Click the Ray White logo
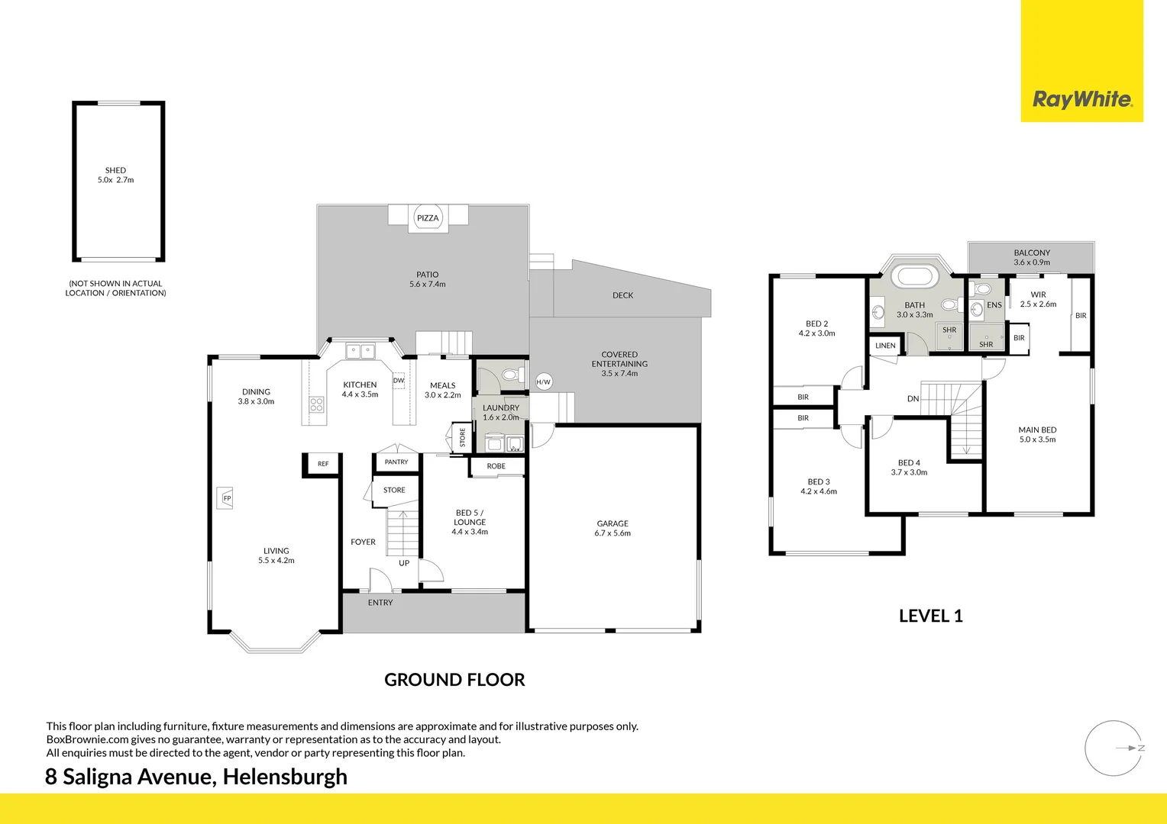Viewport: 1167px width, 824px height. pos(1081,99)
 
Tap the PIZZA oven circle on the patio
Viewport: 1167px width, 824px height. pos(428,218)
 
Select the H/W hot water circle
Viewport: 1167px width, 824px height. pos(543,381)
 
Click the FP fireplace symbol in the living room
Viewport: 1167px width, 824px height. pos(227,498)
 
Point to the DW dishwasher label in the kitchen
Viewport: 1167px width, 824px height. pos(399,380)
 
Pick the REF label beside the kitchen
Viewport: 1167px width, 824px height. pos(323,464)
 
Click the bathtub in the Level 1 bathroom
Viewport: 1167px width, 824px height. pos(915,276)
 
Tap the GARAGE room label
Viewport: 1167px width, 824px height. pos(613,524)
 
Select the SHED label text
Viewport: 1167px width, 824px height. pos(115,171)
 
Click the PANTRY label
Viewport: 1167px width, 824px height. pos(396,462)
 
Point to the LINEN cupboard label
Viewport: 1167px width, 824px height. pos(885,346)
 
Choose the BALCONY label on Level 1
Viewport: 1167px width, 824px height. pos(1032,253)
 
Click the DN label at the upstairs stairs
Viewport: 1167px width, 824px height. pos(913,399)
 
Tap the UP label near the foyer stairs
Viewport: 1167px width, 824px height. pos(404,563)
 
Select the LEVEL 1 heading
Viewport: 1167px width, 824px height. pos(930,616)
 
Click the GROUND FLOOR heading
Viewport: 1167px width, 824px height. pos(454,680)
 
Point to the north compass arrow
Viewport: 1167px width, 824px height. pos(1128,748)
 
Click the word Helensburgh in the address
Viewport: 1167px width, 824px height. pos(285,777)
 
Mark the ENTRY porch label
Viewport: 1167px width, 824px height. pos(380,603)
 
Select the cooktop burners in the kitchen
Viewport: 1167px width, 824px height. pos(316,404)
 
